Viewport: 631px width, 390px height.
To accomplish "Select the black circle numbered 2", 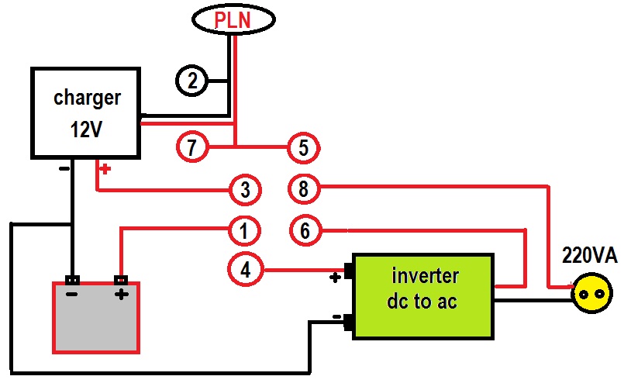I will (x=193, y=80).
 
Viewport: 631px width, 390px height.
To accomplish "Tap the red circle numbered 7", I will (x=192, y=146).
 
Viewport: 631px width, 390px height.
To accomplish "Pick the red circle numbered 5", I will (x=303, y=146).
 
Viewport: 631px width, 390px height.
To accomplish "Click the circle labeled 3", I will (x=244, y=188).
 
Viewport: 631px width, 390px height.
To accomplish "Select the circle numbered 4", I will (x=244, y=271).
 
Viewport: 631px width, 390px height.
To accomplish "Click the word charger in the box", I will (x=87, y=98).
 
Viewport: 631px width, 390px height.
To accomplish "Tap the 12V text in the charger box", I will (x=85, y=129).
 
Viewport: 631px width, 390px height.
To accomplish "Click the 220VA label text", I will (x=591, y=257).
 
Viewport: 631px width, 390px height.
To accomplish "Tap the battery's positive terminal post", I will (x=119, y=280).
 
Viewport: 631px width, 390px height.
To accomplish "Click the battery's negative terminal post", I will (x=71, y=280).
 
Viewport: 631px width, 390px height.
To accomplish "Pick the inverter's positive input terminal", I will (x=349, y=271).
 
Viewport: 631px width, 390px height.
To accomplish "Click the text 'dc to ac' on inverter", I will (x=422, y=301).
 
